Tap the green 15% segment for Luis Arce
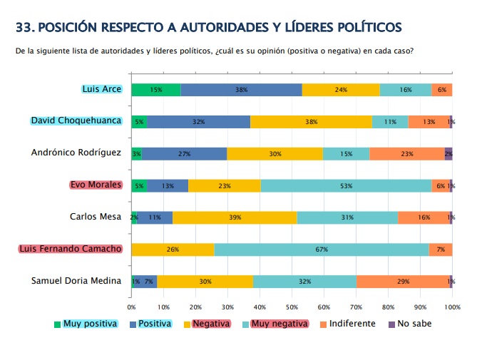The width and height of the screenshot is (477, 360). (x=156, y=90)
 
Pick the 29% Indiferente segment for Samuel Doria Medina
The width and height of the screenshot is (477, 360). (x=403, y=282)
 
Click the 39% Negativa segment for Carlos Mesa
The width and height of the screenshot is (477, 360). (x=235, y=217)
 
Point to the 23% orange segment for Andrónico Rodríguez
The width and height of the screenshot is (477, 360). (x=406, y=153)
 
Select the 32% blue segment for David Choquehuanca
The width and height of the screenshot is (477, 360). (x=198, y=122)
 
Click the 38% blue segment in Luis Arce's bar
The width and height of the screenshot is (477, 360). (x=241, y=90)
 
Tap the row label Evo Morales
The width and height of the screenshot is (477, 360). (x=96, y=185)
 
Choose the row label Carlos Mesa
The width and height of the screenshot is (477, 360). (x=96, y=217)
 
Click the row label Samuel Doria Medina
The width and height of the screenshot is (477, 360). (x=76, y=281)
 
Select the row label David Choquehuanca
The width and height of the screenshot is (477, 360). (x=76, y=120)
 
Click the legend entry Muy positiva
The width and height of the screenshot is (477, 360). (x=90, y=324)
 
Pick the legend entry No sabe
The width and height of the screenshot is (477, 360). (x=414, y=324)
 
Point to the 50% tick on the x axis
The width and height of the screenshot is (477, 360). (x=292, y=307)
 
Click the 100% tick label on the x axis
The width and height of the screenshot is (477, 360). (x=452, y=307)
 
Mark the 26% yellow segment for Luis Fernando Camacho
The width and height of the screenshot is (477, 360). (x=173, y=250)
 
